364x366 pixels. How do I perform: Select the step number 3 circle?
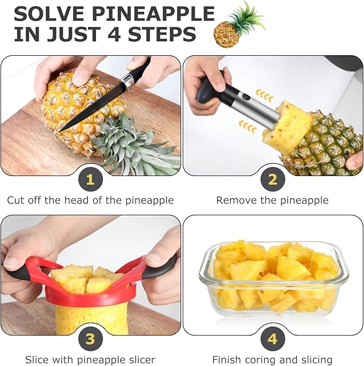90,339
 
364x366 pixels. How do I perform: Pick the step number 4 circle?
273,339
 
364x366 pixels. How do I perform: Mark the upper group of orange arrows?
264,96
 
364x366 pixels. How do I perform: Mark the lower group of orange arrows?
247,127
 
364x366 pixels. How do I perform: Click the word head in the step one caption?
77,200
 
